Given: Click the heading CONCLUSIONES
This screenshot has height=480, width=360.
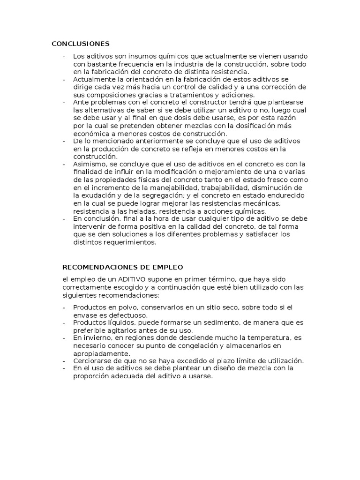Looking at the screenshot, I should click(80, 44).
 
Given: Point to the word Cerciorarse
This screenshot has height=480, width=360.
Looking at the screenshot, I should click(91, 360).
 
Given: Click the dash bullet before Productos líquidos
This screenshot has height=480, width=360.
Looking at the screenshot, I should click(64, 322).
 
